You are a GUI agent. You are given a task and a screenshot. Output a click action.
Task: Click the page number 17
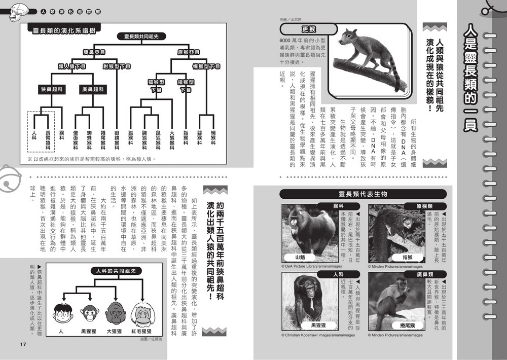(23, 345)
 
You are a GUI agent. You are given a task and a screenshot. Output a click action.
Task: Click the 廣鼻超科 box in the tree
(92, 89)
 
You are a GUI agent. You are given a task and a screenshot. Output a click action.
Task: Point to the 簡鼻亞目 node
(94, 52)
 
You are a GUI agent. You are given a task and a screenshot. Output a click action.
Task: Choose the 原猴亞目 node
(188, 52)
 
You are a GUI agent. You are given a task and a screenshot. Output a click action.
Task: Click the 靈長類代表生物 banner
(363, 194)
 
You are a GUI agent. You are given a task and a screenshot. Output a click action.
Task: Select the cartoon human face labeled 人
(61, 313)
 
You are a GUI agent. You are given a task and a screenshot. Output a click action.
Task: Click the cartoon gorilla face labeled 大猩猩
(116, 313)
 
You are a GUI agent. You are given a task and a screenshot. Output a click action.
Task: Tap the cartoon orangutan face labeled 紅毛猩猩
(143, 313)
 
